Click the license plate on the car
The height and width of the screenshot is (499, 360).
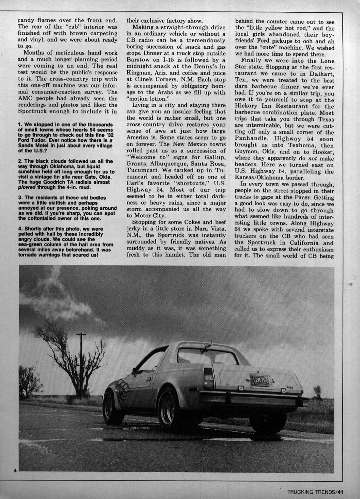point(260,381)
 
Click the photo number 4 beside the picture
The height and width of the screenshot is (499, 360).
point(15,470)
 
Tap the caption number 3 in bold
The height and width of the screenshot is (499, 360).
point(20,198)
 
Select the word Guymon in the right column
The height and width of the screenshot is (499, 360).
point(246,152)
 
